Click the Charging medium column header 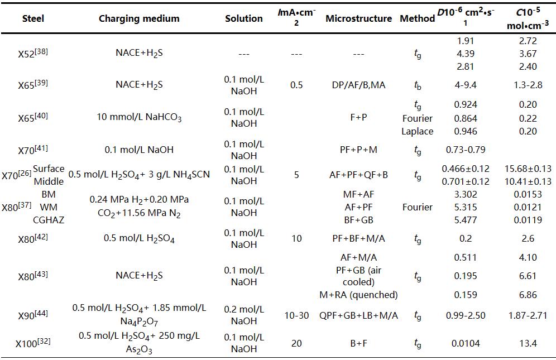(x=139, y=18)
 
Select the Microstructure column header (x=358, y=18)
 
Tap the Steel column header (x=33, y=18)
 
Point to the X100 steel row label (x=33, y=342)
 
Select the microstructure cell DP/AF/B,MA (x=358, y=85)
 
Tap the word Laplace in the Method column (x=417, y=132)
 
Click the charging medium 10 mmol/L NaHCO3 (x=139, y=118)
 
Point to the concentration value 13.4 (x=528, y=343)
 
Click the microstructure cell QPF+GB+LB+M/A (x=358, y=315)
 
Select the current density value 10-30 (x=296, y=315)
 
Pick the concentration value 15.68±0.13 (x=528, y=169)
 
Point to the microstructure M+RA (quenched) (x=361, y=295)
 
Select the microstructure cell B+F (x=358, y=343)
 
